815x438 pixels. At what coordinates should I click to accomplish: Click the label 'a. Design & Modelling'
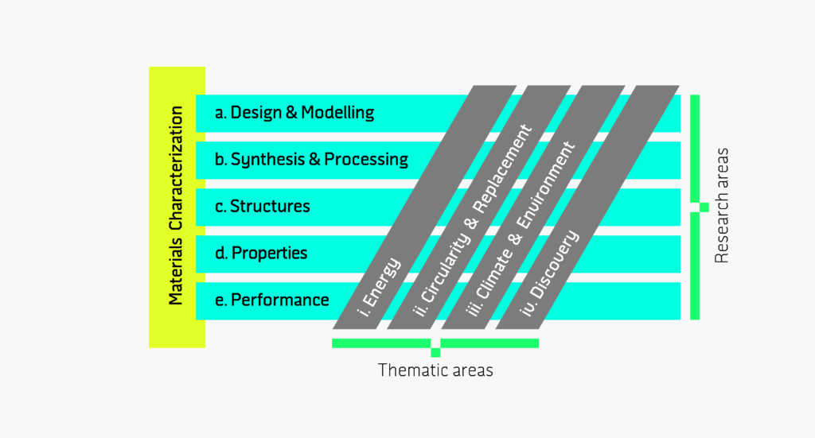(294, 112)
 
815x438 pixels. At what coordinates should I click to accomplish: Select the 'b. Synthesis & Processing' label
(311, 159)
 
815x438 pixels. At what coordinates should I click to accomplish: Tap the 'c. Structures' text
(262, 207)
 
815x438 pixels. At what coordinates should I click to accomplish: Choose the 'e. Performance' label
(271, 300)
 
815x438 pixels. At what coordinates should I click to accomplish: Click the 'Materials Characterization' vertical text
(176, 206)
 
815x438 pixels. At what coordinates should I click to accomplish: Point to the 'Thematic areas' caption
(435, 370)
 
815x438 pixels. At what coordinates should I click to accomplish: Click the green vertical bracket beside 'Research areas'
(695, 207)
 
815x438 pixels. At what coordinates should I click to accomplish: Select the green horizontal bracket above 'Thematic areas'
(435, 343)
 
